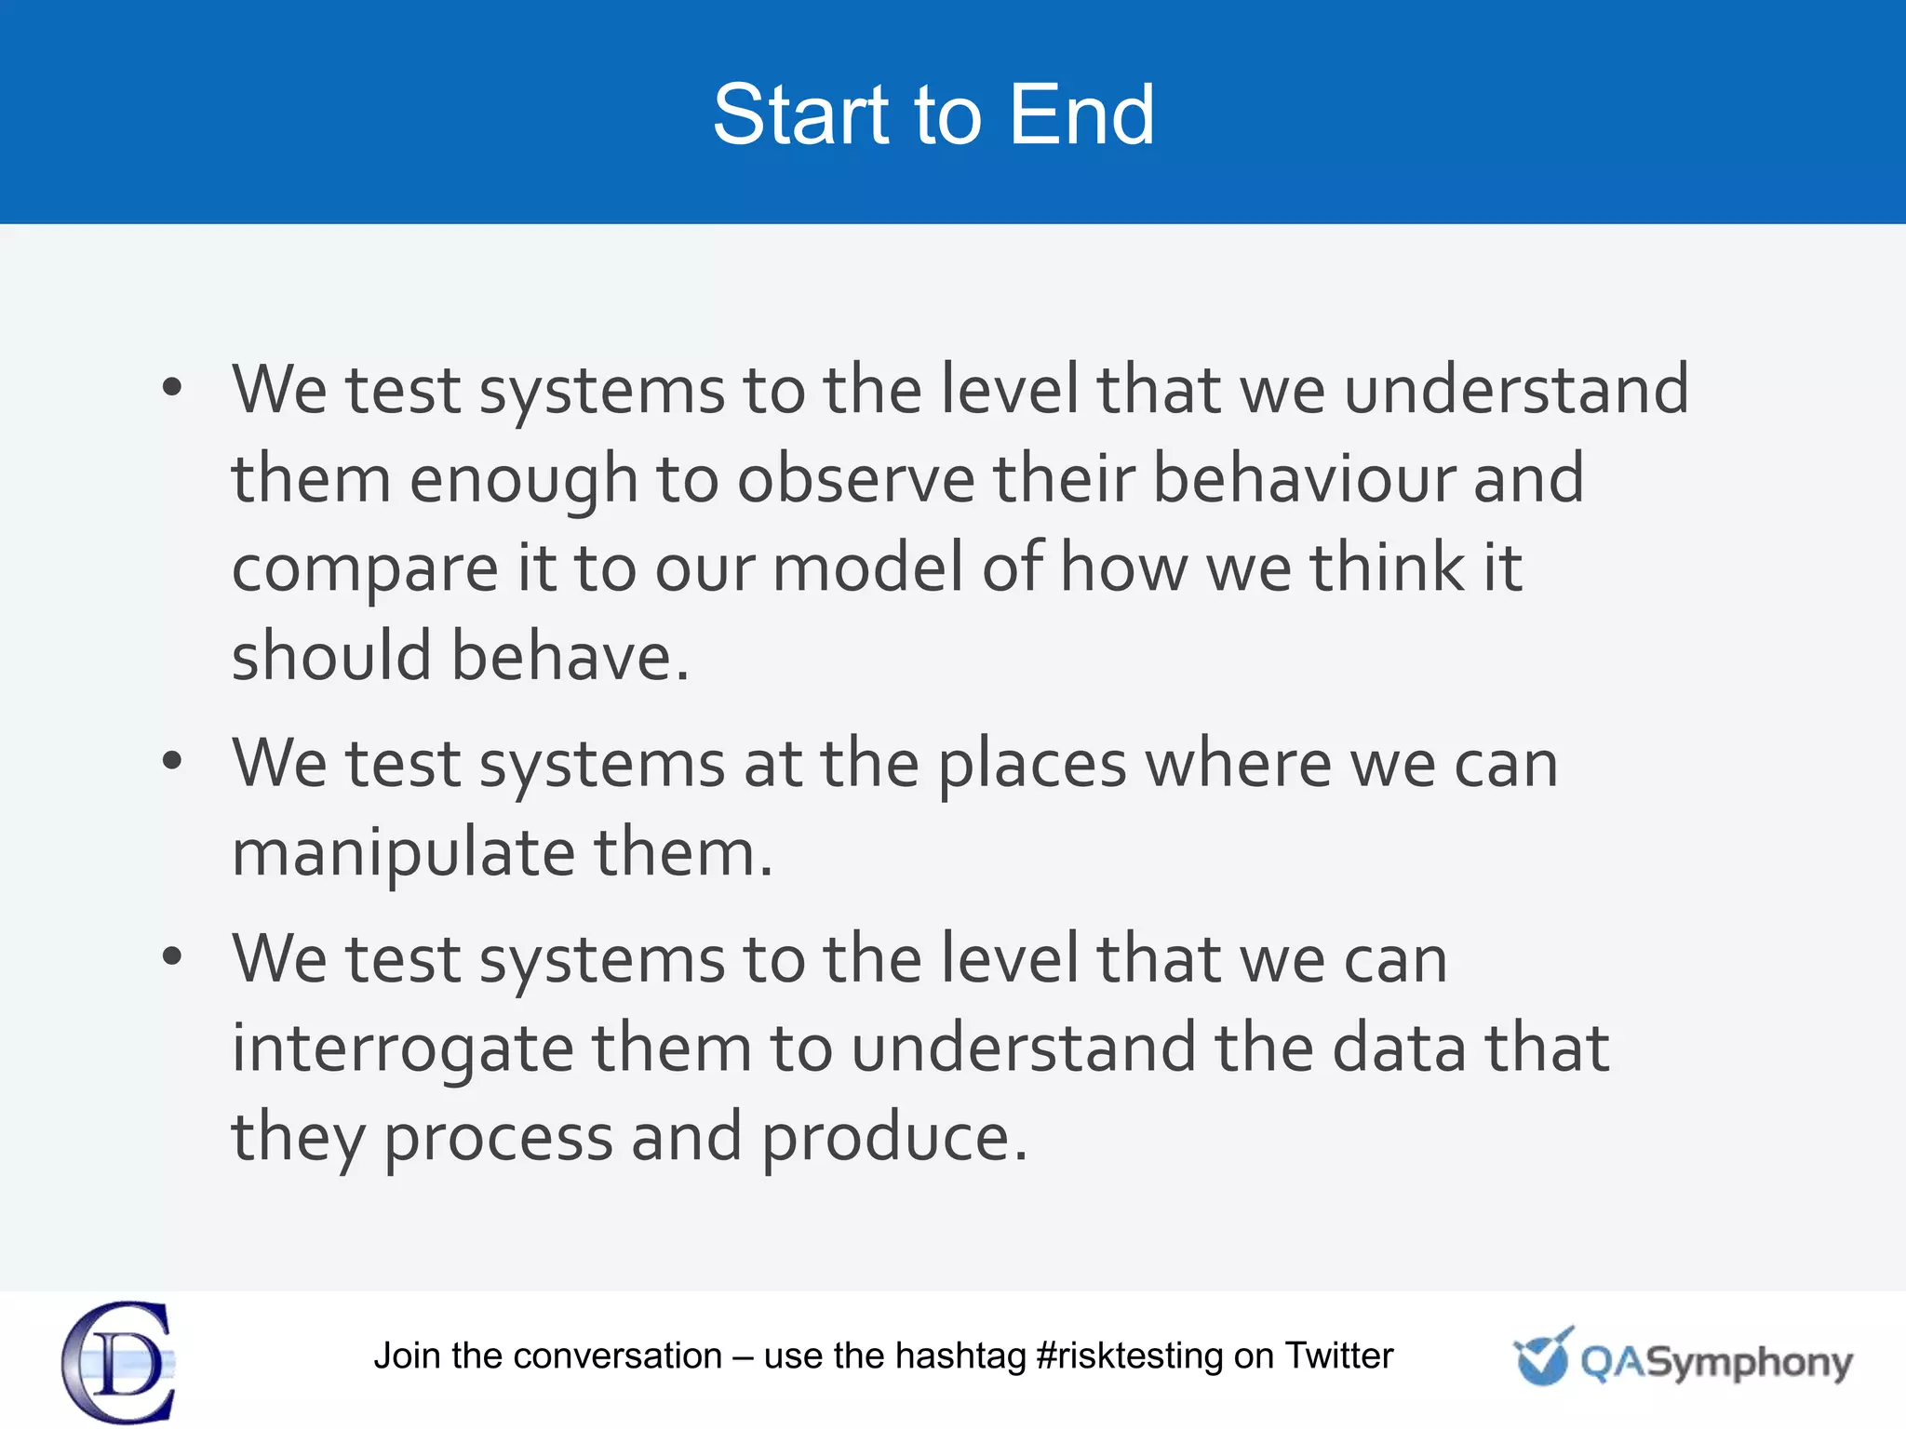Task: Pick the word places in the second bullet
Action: (1032, 765)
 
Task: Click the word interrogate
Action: (402, 1049)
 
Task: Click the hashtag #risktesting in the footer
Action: (1129, 1356)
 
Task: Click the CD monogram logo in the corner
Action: (119, 1361)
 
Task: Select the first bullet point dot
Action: (171, 388)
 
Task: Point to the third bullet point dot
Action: (171, 957)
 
